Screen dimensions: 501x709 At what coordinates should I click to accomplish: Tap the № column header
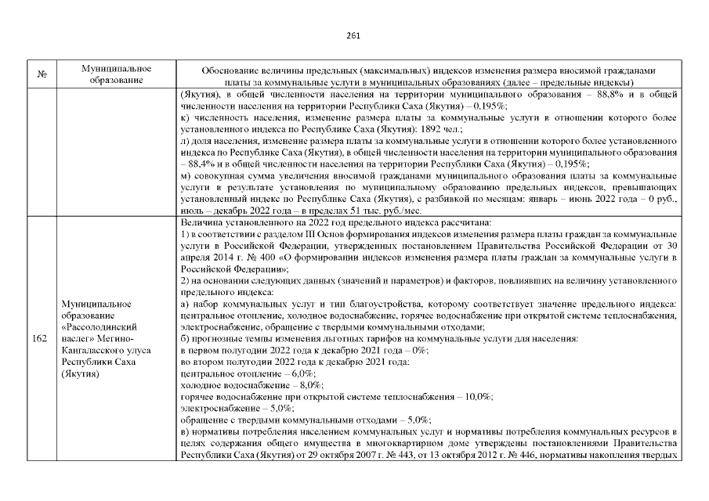point(40,75)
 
